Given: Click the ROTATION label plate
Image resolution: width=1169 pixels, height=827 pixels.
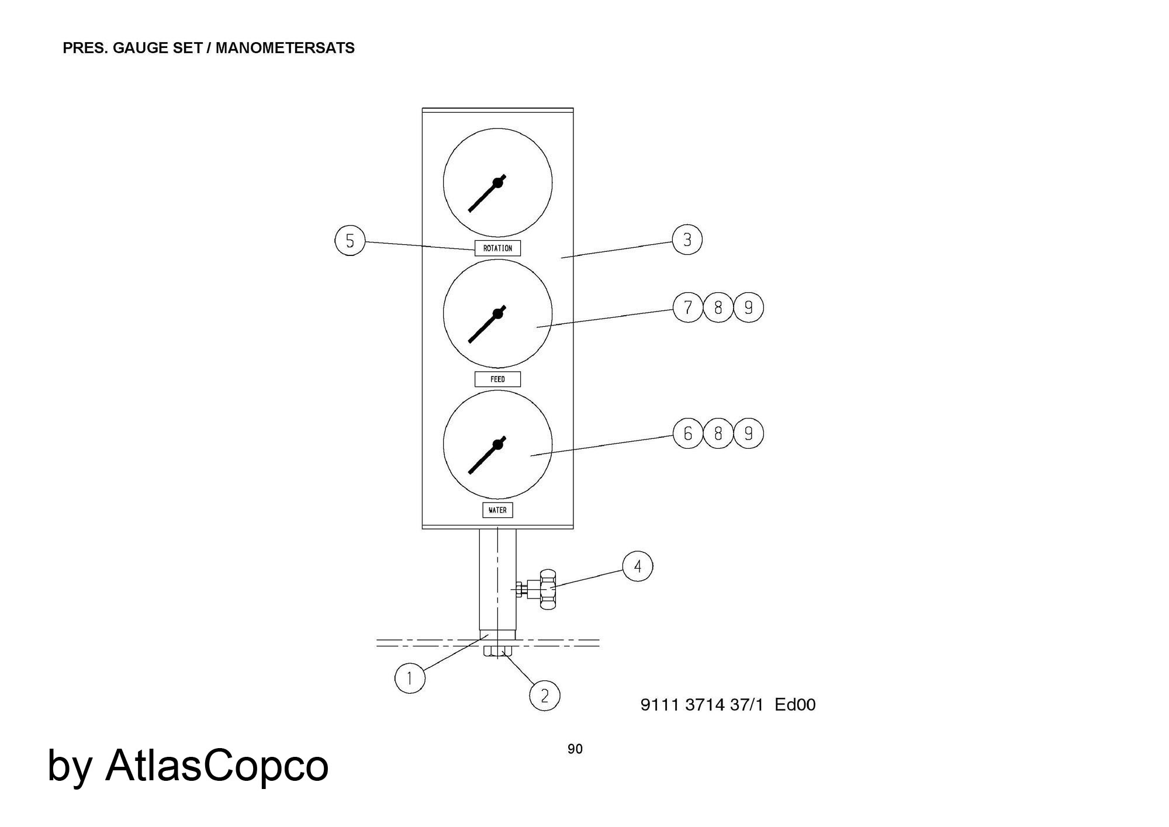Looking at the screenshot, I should click(x=497, y=248).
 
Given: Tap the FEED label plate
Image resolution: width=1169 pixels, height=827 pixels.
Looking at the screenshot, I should click(x=497, y=379).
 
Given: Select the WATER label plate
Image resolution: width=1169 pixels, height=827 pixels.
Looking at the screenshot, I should click(x=497, y=510).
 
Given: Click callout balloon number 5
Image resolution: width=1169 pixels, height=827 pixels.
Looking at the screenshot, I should click(x=350, y=241).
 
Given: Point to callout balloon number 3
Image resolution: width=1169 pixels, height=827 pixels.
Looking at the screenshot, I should click(x=687, y=240).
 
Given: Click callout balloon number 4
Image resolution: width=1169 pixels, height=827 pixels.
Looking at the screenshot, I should click(x=638, y=566).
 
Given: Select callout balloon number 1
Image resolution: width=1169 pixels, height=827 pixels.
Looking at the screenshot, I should click(x=410, y=679).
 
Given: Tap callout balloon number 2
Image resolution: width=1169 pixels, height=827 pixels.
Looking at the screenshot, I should click(x=545, y=695).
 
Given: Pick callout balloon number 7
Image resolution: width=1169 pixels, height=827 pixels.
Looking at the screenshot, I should click(x=688, y=307).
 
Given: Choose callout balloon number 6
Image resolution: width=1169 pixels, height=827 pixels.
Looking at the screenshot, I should click(x=688, y=434).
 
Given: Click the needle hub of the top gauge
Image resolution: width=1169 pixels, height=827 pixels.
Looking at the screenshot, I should click(x=498, y=183).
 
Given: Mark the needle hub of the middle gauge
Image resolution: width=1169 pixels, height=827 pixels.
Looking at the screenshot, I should click(x=498, y=314).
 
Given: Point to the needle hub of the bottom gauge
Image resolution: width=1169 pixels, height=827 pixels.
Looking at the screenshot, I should click(x=498, y=445).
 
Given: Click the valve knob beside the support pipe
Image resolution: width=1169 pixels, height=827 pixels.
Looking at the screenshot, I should click(x=548, y=589).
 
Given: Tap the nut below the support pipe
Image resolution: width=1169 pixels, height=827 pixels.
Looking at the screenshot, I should click(x=498, y=652).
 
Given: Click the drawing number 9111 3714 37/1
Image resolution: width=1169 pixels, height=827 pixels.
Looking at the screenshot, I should click(x=702, y=705).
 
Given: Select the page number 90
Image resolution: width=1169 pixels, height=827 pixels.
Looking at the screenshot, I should click(x=575, y=749).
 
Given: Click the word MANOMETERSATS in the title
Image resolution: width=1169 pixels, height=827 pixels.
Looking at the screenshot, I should click(x=285, y=48).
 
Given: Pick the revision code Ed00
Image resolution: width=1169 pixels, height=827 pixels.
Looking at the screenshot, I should click(x=795, y=705).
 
